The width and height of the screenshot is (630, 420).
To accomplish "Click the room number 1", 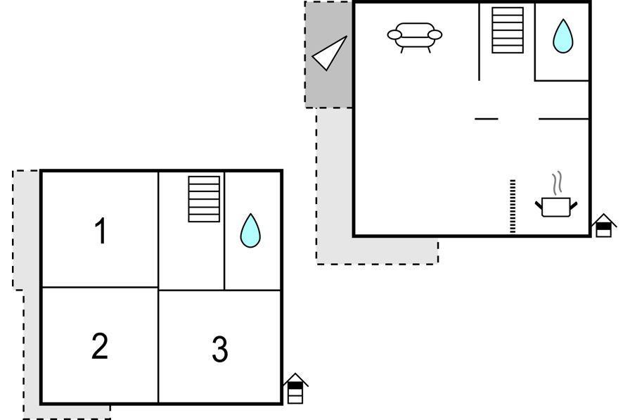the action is point(101,231).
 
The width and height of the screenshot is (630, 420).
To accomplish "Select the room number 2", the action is point(100,345).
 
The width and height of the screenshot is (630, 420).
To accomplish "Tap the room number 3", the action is point(220,349).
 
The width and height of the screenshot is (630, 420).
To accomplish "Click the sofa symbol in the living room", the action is point(415,38).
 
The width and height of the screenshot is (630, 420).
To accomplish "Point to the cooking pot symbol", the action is point(556,207).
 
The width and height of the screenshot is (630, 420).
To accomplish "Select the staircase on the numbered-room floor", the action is point(204,199).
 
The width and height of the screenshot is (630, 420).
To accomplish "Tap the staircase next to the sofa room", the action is point(508,30).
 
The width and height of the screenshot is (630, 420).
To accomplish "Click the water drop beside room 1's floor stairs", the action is point(250,231).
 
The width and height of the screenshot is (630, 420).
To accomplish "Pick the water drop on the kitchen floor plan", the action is point(563,36).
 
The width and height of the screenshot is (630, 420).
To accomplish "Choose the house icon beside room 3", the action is point(295,388).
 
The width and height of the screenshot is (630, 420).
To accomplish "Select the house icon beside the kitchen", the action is point(604,225).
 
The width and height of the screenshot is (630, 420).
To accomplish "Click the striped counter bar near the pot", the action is point(513,206).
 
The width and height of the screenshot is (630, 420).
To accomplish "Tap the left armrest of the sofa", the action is point(394,35).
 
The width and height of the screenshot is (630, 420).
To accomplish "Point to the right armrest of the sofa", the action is point(435,35).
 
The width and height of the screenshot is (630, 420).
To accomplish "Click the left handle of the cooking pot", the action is point(539,205).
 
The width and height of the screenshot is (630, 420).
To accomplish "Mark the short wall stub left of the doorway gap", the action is point(487,119).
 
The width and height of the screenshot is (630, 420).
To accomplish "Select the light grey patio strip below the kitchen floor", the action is point(377,250).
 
